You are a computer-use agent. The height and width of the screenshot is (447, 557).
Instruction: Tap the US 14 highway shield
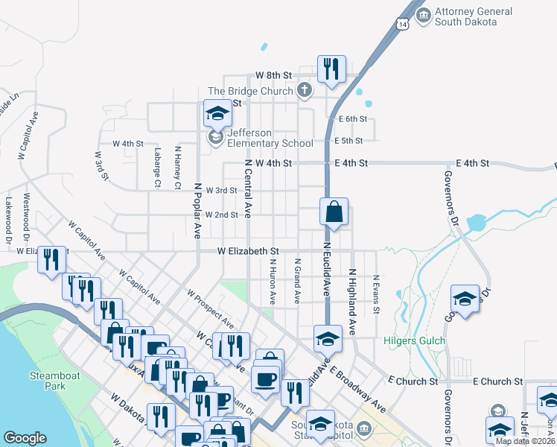pyautogui.click(x=403, y=25)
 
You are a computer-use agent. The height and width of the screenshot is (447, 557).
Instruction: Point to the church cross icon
pyautogui.click(x=304, y=91)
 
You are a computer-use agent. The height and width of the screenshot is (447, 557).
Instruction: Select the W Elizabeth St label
pyautogui.click(x=248, y=252)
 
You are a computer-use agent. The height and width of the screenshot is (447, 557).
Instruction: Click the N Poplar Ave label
pyautogui.click(x=199, y=211)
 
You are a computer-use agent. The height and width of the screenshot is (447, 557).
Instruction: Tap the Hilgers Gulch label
pyautogui.click(x=415, y=341)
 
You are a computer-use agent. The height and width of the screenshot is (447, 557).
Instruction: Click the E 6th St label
pyautogui.click(x=352, y=119)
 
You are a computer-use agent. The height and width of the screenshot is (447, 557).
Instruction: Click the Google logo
pyautogui.click(x=25, y=438)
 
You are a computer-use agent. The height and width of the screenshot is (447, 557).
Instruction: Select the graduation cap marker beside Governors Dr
pyautogui.click(x=465, y=300)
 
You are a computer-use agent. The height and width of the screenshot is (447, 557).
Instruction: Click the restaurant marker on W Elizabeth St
pyautogui.click(x=51, y=260)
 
